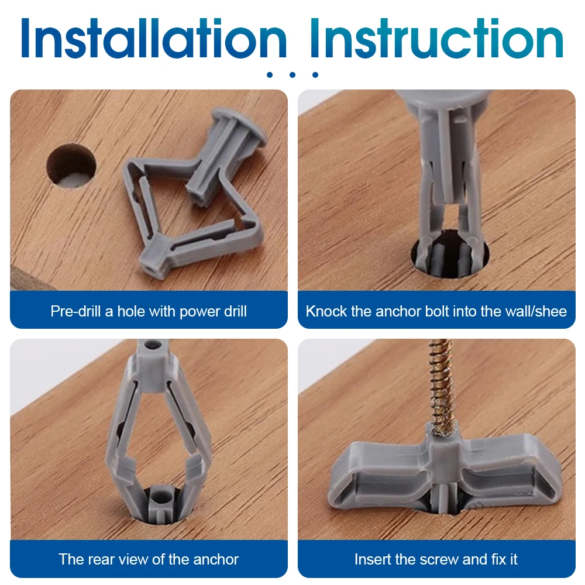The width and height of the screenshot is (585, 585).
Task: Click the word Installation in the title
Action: pos(154,39)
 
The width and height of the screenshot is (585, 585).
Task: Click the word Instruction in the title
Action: pos(437,39)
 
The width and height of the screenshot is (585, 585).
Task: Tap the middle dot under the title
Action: pos(292,75)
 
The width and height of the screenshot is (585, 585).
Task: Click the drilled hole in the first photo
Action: pos(71,166)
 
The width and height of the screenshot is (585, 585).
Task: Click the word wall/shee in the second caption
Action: pos(539,311)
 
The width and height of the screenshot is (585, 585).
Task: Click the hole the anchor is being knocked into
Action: pos(450,254)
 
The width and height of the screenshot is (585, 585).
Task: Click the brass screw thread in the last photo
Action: pos(442,388)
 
